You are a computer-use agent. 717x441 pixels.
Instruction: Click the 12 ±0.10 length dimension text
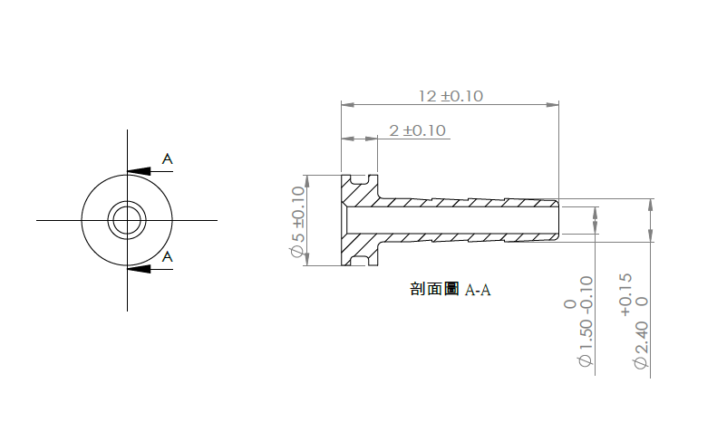pos(451,96)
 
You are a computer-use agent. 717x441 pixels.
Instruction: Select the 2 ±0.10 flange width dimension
pos(418,130)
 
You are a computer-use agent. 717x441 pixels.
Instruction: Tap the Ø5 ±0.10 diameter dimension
pos(297,222)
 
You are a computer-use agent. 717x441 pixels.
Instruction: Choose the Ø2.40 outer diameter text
pos(641,345)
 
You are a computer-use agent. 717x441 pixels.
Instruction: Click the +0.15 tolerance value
pos(626,295)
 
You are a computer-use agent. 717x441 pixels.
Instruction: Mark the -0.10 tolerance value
pos(586,292)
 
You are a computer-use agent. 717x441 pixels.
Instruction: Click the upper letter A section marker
pos(168,159)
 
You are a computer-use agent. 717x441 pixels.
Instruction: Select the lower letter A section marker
pos(168,257)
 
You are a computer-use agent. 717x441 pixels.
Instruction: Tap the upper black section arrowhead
pos(139,171)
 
